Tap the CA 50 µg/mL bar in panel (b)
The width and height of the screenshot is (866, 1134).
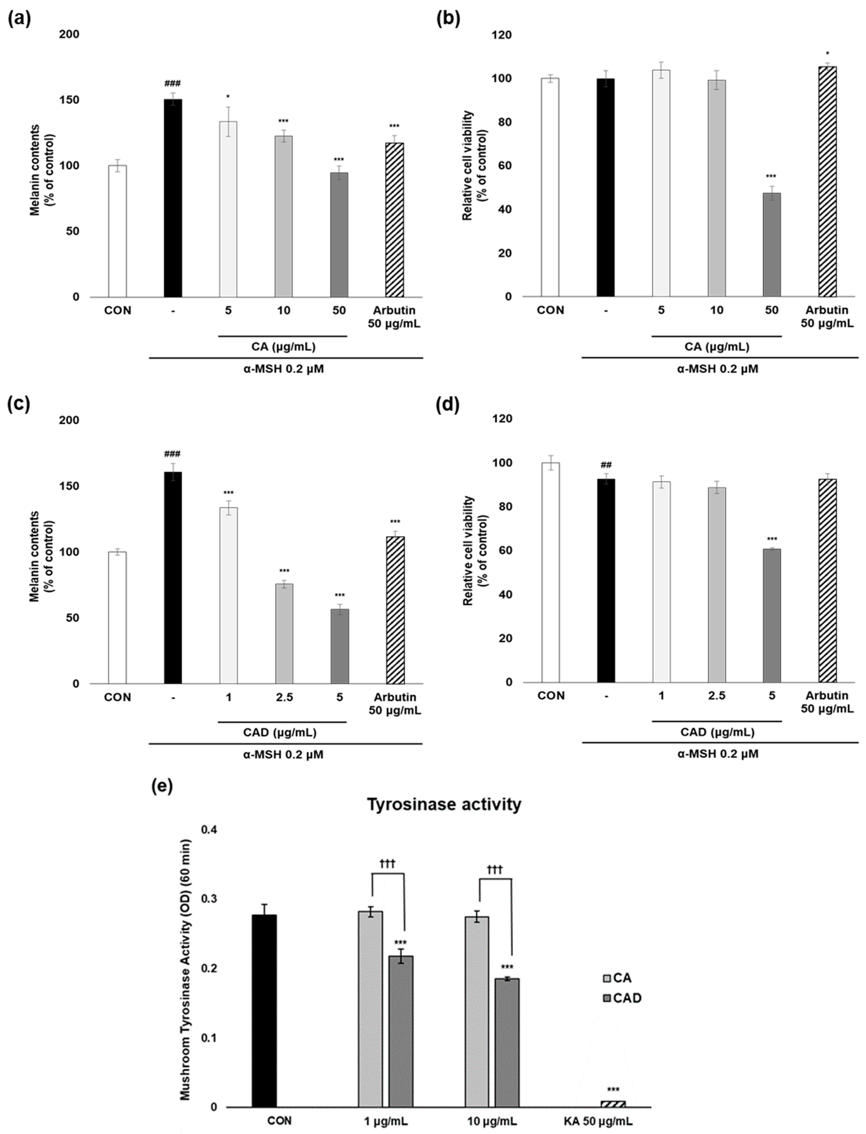pyautogui.click(x=772, y=245)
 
